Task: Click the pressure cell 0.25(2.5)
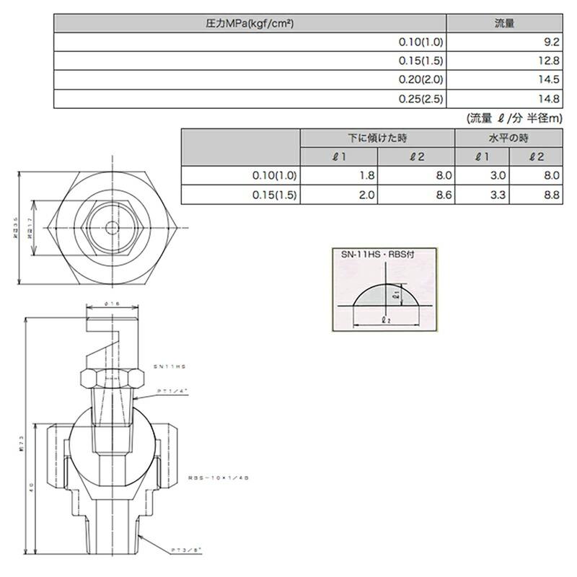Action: tap(420, 99)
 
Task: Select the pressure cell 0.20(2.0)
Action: tap(420, 80)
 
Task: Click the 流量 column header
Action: tap(504, 23)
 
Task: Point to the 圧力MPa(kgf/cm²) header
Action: tap(250, 23)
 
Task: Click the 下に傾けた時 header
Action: tap(377, 138)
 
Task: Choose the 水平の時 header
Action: tap(508, 138)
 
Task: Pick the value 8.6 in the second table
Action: tap(443, 195)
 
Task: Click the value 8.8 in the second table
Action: tap(550, 195)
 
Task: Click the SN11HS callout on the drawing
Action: tap(169, 367)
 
